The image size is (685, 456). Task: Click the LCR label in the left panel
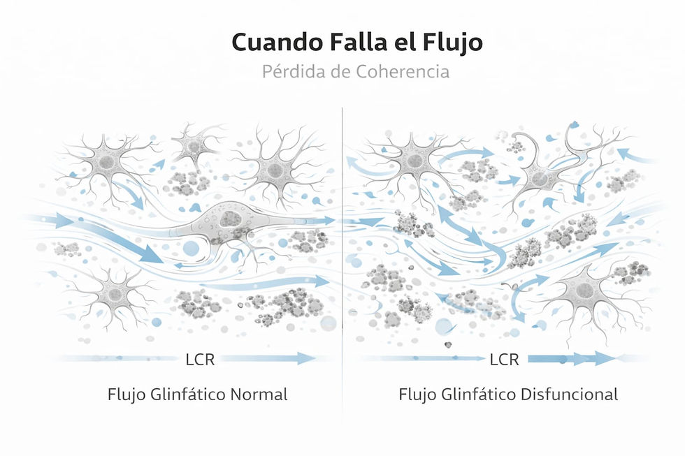200,360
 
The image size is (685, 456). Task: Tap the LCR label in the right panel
504,360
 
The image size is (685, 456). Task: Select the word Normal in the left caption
259,395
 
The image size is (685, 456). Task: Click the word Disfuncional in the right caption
569,395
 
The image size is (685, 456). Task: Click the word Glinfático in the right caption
479,395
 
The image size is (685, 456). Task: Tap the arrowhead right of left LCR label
307,359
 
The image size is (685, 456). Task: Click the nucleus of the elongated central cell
229,219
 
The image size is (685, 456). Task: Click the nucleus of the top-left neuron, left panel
106,163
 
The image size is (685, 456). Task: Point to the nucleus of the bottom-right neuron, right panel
584,290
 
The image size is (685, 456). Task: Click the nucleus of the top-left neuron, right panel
414,161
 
